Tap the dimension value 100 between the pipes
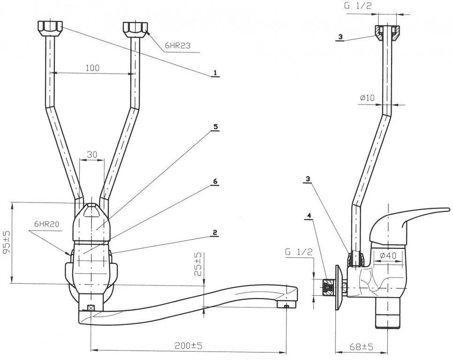[92, 68]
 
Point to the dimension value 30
[92, 154]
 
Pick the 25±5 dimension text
[199, 263]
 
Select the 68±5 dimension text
[361, 347]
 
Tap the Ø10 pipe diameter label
[368, 98]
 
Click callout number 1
[215, 73]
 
